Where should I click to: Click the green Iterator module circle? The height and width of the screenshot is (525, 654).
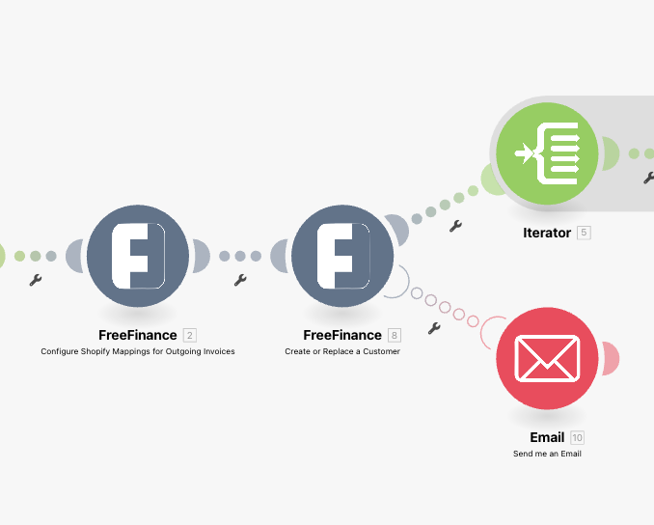[x=547, y=152]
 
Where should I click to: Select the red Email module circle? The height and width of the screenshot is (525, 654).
[x=547, y=358]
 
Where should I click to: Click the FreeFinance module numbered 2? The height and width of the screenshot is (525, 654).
[x=138, y=256]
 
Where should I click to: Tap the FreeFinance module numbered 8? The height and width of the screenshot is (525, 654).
[x=342, y=256]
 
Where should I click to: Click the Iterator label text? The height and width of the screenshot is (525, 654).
[x=547, y=233]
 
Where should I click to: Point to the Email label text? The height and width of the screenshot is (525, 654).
[x=547, y=437]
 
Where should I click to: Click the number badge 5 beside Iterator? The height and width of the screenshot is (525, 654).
[x=584, y=233]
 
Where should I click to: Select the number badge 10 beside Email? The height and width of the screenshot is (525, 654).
[x=577, y=437]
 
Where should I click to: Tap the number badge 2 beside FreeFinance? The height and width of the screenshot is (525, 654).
[x=189, y=335]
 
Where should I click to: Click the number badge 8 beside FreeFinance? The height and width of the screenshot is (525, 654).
[x=394, y=335]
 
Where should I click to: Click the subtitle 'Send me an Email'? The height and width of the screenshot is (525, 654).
[x=547, y=453]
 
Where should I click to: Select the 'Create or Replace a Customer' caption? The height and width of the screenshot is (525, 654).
[x=342, y=351]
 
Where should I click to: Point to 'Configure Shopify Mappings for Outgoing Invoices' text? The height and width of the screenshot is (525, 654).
[x=138, y=351]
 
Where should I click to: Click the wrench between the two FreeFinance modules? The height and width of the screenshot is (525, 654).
[x=240, y=280]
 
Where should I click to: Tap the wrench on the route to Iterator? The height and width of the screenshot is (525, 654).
[x=455, y=226]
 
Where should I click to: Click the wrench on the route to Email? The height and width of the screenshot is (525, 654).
[x=434, y=328]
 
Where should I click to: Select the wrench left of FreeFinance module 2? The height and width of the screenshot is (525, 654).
[x=36, y=280]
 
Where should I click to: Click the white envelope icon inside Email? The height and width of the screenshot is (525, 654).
[x=547, y=357]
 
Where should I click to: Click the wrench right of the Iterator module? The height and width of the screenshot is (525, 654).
[x=648, y=177]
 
